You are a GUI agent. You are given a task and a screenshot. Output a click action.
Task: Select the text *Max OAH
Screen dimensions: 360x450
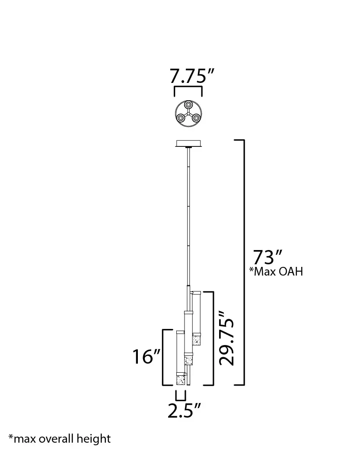(x=276, y=271)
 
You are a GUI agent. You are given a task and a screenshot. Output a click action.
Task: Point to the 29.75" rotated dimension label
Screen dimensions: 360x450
(x=226, y=338)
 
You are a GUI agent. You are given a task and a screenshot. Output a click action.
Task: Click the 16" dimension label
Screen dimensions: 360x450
(x=147, y=356)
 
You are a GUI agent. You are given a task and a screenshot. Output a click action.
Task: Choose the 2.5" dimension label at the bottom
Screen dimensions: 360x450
(x=184, y=410)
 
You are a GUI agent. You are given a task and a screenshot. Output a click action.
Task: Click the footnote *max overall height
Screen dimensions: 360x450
(x=60, y=438)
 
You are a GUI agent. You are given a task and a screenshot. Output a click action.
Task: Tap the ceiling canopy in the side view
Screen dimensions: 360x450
(x=188, y=143)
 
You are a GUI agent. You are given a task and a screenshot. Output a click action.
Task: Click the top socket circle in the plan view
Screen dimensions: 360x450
(x=188, y=105)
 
